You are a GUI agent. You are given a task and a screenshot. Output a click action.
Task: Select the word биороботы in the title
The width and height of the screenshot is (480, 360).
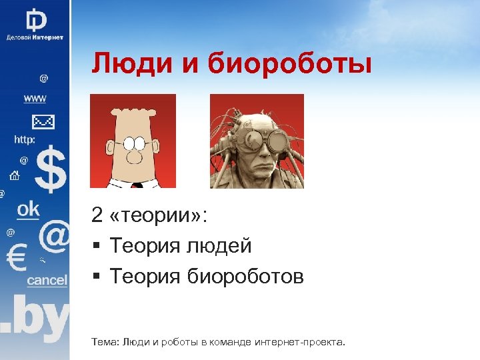[290, 65]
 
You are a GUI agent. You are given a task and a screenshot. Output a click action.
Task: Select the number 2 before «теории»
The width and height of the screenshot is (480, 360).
[98, 215]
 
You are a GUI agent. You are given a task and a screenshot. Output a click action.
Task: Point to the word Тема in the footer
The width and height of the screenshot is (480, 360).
[105, 342]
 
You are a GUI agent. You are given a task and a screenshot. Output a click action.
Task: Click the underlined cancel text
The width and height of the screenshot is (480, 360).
[47, 281]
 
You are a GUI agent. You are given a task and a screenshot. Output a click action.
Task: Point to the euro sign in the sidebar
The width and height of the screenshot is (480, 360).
[15, 256]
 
